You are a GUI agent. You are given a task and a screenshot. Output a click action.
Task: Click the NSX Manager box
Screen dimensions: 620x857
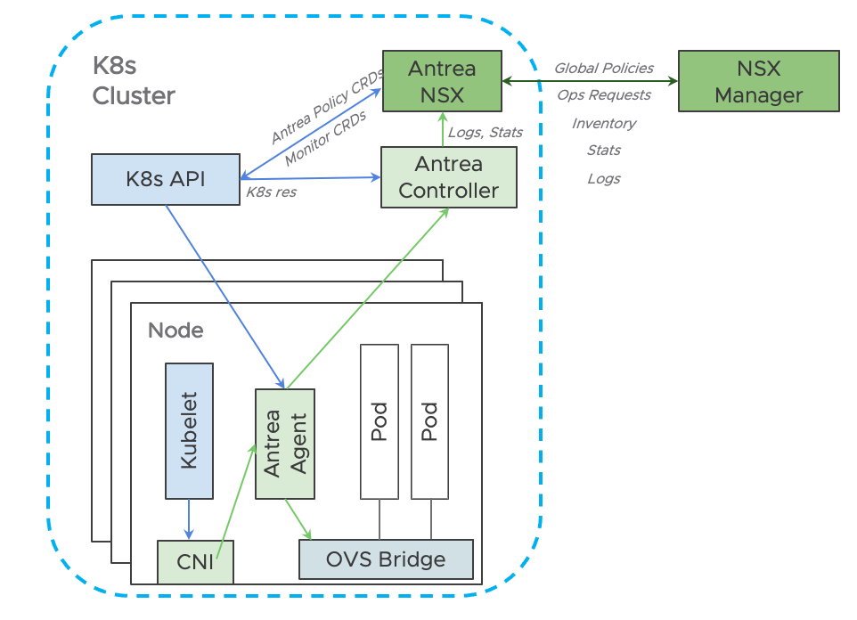[x=758, y=81]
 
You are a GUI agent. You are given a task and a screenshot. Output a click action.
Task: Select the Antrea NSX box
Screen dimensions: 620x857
[x=442, y=81]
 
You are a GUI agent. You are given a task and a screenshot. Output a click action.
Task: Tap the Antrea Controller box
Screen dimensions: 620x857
[x=449, y=177]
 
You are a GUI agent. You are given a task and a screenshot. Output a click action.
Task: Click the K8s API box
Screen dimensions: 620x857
[x=166, y=179]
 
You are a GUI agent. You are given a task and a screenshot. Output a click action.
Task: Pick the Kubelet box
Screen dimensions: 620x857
[x=189, y=430]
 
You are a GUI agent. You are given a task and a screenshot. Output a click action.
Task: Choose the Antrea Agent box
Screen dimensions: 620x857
[x=284, y=444]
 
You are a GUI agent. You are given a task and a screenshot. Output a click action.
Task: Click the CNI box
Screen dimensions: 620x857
[x=195, y=561]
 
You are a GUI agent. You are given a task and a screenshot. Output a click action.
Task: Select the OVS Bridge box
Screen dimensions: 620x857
[x=385, y=559]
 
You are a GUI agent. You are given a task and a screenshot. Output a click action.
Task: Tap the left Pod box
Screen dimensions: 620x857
[x=379, y=421]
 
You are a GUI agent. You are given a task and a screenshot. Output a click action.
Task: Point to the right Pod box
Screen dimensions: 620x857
[x=429, y=421]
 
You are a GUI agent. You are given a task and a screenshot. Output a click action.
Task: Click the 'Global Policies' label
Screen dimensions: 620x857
[x=603, y=69]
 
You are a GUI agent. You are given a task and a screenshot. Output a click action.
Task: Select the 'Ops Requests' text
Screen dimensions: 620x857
[x=603, y=95]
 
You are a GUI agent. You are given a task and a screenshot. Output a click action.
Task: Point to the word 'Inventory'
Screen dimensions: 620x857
[x=603, y=124]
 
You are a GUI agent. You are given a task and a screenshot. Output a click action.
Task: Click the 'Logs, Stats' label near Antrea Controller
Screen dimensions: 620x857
[x=485, y=133]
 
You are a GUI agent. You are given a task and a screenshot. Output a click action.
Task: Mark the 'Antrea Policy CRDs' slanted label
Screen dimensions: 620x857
[x=326, y=110]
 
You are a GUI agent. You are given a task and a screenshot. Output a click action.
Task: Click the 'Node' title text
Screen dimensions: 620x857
[x=175, y=330]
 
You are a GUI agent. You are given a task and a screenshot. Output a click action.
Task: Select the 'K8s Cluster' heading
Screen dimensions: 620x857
[x=134, y=81]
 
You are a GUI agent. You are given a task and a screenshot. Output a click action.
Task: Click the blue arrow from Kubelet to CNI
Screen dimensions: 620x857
[x=189, y=519]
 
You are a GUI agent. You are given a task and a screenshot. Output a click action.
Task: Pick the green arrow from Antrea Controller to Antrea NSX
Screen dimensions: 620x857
[x=444, y=130]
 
